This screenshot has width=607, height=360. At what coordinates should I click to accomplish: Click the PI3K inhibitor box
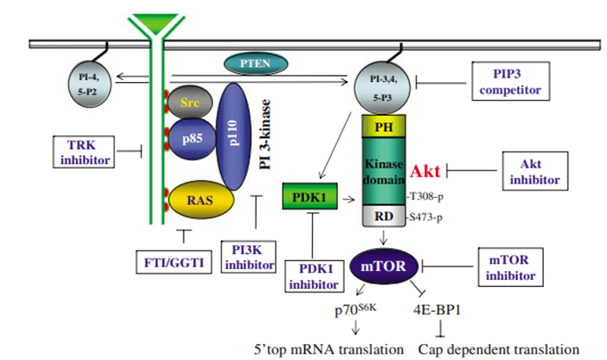(249, 257)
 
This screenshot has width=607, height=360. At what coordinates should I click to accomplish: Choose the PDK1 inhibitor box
(314, 276)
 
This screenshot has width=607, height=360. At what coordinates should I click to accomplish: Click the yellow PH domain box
(383, 127)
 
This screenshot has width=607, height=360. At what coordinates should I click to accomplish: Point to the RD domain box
(384, 216)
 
